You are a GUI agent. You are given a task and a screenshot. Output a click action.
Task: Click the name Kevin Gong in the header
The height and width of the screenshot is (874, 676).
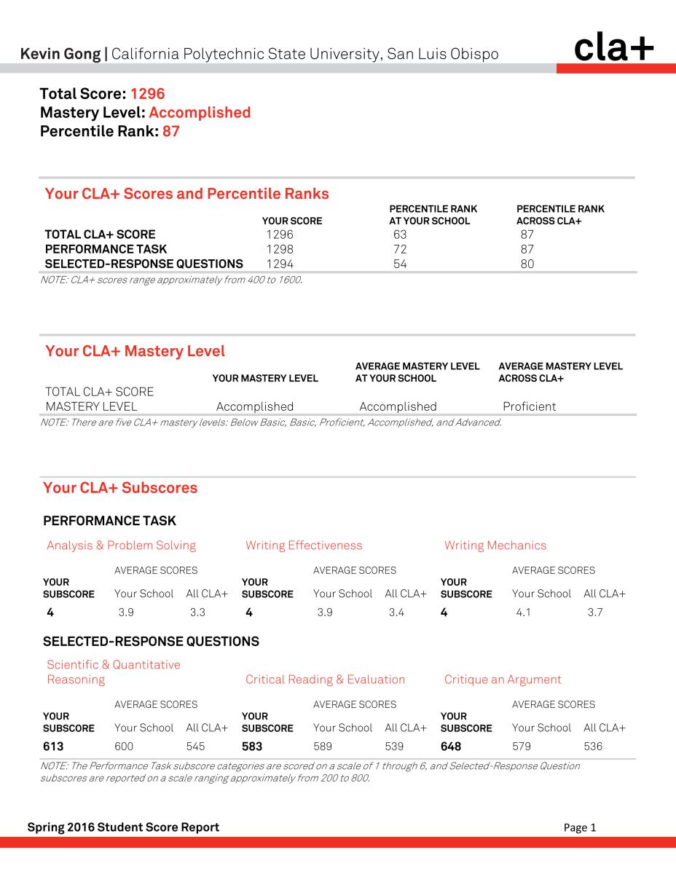tap(61, 54)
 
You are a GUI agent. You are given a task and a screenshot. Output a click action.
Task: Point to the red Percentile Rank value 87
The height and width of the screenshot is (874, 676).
tap(170, 132)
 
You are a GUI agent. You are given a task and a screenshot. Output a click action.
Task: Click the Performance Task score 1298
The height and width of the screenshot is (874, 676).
tap(280, 249)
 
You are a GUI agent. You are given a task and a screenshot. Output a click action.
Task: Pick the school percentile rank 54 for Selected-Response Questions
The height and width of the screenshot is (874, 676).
tap(399, 264)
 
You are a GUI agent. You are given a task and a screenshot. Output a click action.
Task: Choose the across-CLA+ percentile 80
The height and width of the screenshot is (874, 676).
tap(527, 264)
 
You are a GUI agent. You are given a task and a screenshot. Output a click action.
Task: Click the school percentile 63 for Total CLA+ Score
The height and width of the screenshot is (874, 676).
tap(399, 235)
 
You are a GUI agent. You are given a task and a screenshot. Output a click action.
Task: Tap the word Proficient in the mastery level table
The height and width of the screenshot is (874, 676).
tap(530, 406)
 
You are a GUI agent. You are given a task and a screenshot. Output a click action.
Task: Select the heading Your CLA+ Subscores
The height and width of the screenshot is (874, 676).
tap(120, 488)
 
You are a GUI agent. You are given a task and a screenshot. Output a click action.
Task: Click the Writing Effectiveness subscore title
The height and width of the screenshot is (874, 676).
tap(304, 546)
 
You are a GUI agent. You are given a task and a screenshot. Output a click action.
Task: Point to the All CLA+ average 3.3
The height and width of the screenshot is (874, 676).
tap(197, 613)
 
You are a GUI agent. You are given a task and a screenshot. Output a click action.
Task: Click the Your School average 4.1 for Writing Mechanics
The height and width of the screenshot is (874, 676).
tap(523, 613)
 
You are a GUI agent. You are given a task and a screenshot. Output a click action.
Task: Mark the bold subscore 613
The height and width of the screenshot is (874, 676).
tap(53, 747)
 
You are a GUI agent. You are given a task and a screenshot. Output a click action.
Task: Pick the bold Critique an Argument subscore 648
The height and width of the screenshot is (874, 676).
tap(451, 747)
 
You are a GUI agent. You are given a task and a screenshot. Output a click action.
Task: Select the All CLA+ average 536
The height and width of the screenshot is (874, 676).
tap(593, 747)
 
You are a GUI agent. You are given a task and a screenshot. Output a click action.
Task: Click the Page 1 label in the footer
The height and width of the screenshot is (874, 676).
tap(580, 827)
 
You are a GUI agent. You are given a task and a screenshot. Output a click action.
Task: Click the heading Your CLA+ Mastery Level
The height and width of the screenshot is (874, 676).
tap(135, 352)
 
